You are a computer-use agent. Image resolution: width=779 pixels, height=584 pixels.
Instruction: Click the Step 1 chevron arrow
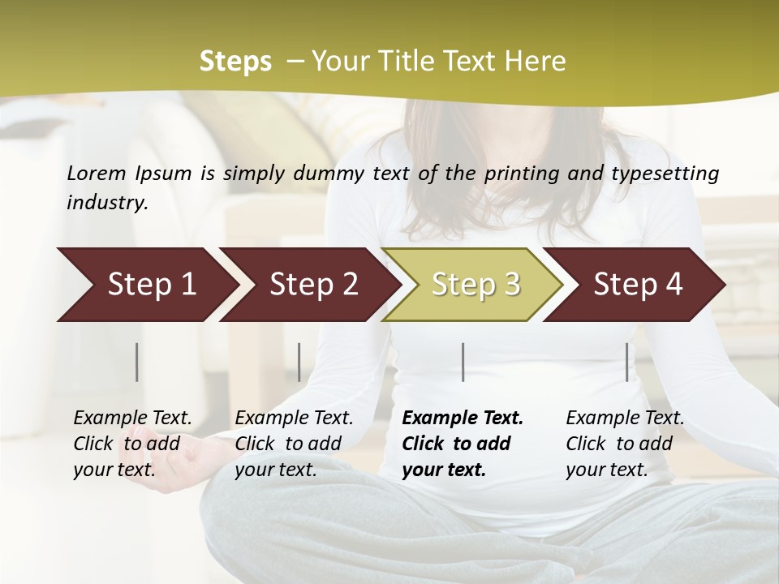[x=146, y=285]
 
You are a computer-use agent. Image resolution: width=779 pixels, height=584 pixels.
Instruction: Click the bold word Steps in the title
[x=235, y=62]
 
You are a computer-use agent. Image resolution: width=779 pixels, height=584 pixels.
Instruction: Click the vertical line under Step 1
[x=137, y=362]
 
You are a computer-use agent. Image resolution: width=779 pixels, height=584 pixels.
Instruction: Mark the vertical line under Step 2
[x=299, y=362]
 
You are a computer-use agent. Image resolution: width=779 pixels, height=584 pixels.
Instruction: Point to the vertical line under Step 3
[x=463, y=362]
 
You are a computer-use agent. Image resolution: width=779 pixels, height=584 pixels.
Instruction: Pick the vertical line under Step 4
[x=627, y=362]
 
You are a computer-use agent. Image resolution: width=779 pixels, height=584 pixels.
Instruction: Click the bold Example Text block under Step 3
[x=461, y=444]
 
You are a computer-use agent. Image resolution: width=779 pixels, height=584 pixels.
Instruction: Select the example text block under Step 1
[x=131, y=444]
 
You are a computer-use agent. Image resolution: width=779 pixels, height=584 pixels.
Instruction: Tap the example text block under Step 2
[x=293, y=444]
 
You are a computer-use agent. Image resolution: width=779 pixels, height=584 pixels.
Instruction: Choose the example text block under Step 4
[x=624, y=444]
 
